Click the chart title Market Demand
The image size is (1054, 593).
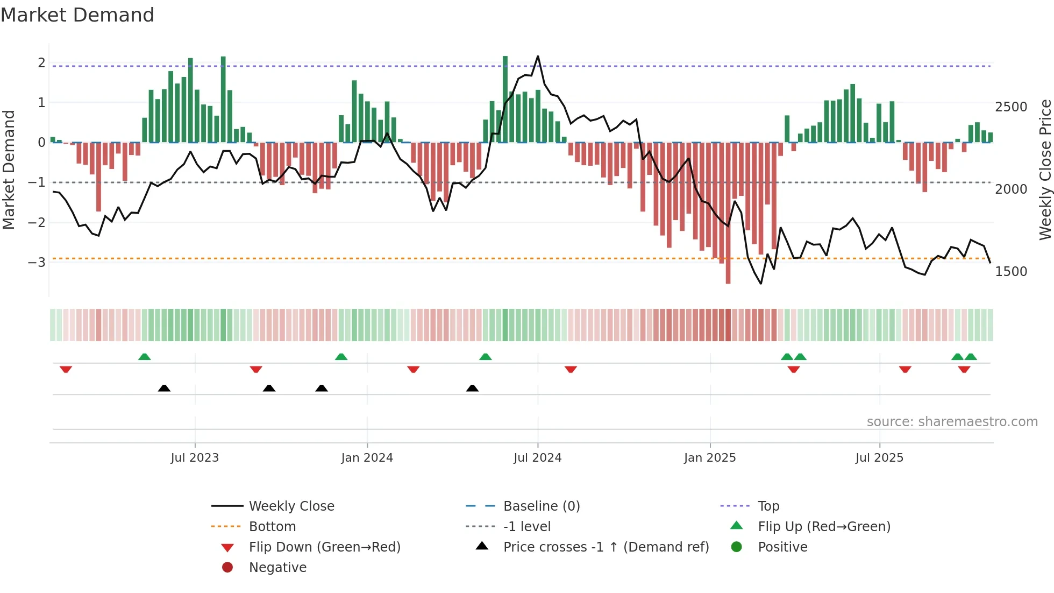[77, 15]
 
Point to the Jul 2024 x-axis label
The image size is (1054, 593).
[537, 458]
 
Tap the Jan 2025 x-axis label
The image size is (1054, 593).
[710, 458]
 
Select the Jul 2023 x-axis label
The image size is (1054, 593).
[195, 458]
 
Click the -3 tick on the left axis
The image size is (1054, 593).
[37, 263]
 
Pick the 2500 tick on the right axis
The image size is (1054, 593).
[1011, 107]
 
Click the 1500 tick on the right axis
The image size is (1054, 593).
[1011, 272]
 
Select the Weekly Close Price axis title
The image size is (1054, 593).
[1045, 170]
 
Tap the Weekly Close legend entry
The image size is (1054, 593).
[291, 506]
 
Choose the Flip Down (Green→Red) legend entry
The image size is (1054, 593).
[324, 547]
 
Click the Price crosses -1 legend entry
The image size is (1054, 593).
[606, 547]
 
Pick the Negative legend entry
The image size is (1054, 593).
[277, 568]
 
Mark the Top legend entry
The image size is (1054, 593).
[768, 506]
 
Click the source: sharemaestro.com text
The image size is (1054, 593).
[952, 422]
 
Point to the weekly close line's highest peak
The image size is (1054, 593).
[538, 57]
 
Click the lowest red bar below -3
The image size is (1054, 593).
[728, 280]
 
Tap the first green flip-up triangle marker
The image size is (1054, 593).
[144, 357]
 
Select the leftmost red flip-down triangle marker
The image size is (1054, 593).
[66, 369]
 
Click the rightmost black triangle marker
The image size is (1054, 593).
[472, 388]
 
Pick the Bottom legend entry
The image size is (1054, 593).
[272, 527]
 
